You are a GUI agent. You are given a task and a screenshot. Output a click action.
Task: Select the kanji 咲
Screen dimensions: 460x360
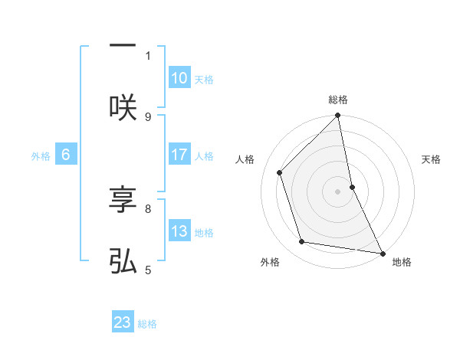point(123,106)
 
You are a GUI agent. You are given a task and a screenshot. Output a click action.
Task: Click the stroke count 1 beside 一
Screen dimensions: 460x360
point(148,55)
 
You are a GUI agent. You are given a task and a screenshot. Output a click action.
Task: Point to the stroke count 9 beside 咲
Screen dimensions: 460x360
point(148,116)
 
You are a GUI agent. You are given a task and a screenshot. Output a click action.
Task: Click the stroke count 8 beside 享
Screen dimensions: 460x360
point(148,208)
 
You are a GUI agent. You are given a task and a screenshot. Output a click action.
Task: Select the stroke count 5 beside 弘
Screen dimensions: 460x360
point(148,269)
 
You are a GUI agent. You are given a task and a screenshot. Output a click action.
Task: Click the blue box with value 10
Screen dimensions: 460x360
point(179,78)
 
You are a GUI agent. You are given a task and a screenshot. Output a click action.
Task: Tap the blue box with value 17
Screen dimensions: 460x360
point(179,155)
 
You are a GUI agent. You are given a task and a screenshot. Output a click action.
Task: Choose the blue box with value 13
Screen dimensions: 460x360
point(179,231)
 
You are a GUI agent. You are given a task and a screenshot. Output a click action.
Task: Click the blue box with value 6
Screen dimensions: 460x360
point(66,155)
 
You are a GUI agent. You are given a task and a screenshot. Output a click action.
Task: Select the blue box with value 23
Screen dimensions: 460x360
point(123,322)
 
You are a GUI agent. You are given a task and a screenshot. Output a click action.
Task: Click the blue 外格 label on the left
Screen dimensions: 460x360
point(41,156)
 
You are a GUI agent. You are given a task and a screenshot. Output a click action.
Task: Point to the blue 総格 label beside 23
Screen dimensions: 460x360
point(147,324)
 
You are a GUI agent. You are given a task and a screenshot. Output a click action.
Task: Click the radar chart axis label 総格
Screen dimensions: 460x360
point(338,100)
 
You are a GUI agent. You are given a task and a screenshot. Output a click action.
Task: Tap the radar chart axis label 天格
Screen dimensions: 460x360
point(432,159)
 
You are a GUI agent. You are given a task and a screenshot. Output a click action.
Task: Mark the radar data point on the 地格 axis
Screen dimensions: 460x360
point(382,253)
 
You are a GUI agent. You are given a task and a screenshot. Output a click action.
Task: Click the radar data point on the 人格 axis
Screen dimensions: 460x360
point(280,172)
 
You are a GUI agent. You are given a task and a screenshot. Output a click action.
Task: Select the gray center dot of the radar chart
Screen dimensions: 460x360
point(338,191)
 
